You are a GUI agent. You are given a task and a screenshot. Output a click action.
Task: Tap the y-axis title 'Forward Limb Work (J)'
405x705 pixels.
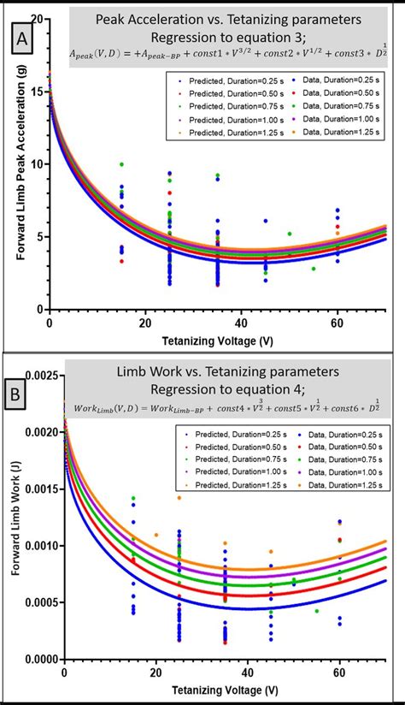point(10,513)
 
